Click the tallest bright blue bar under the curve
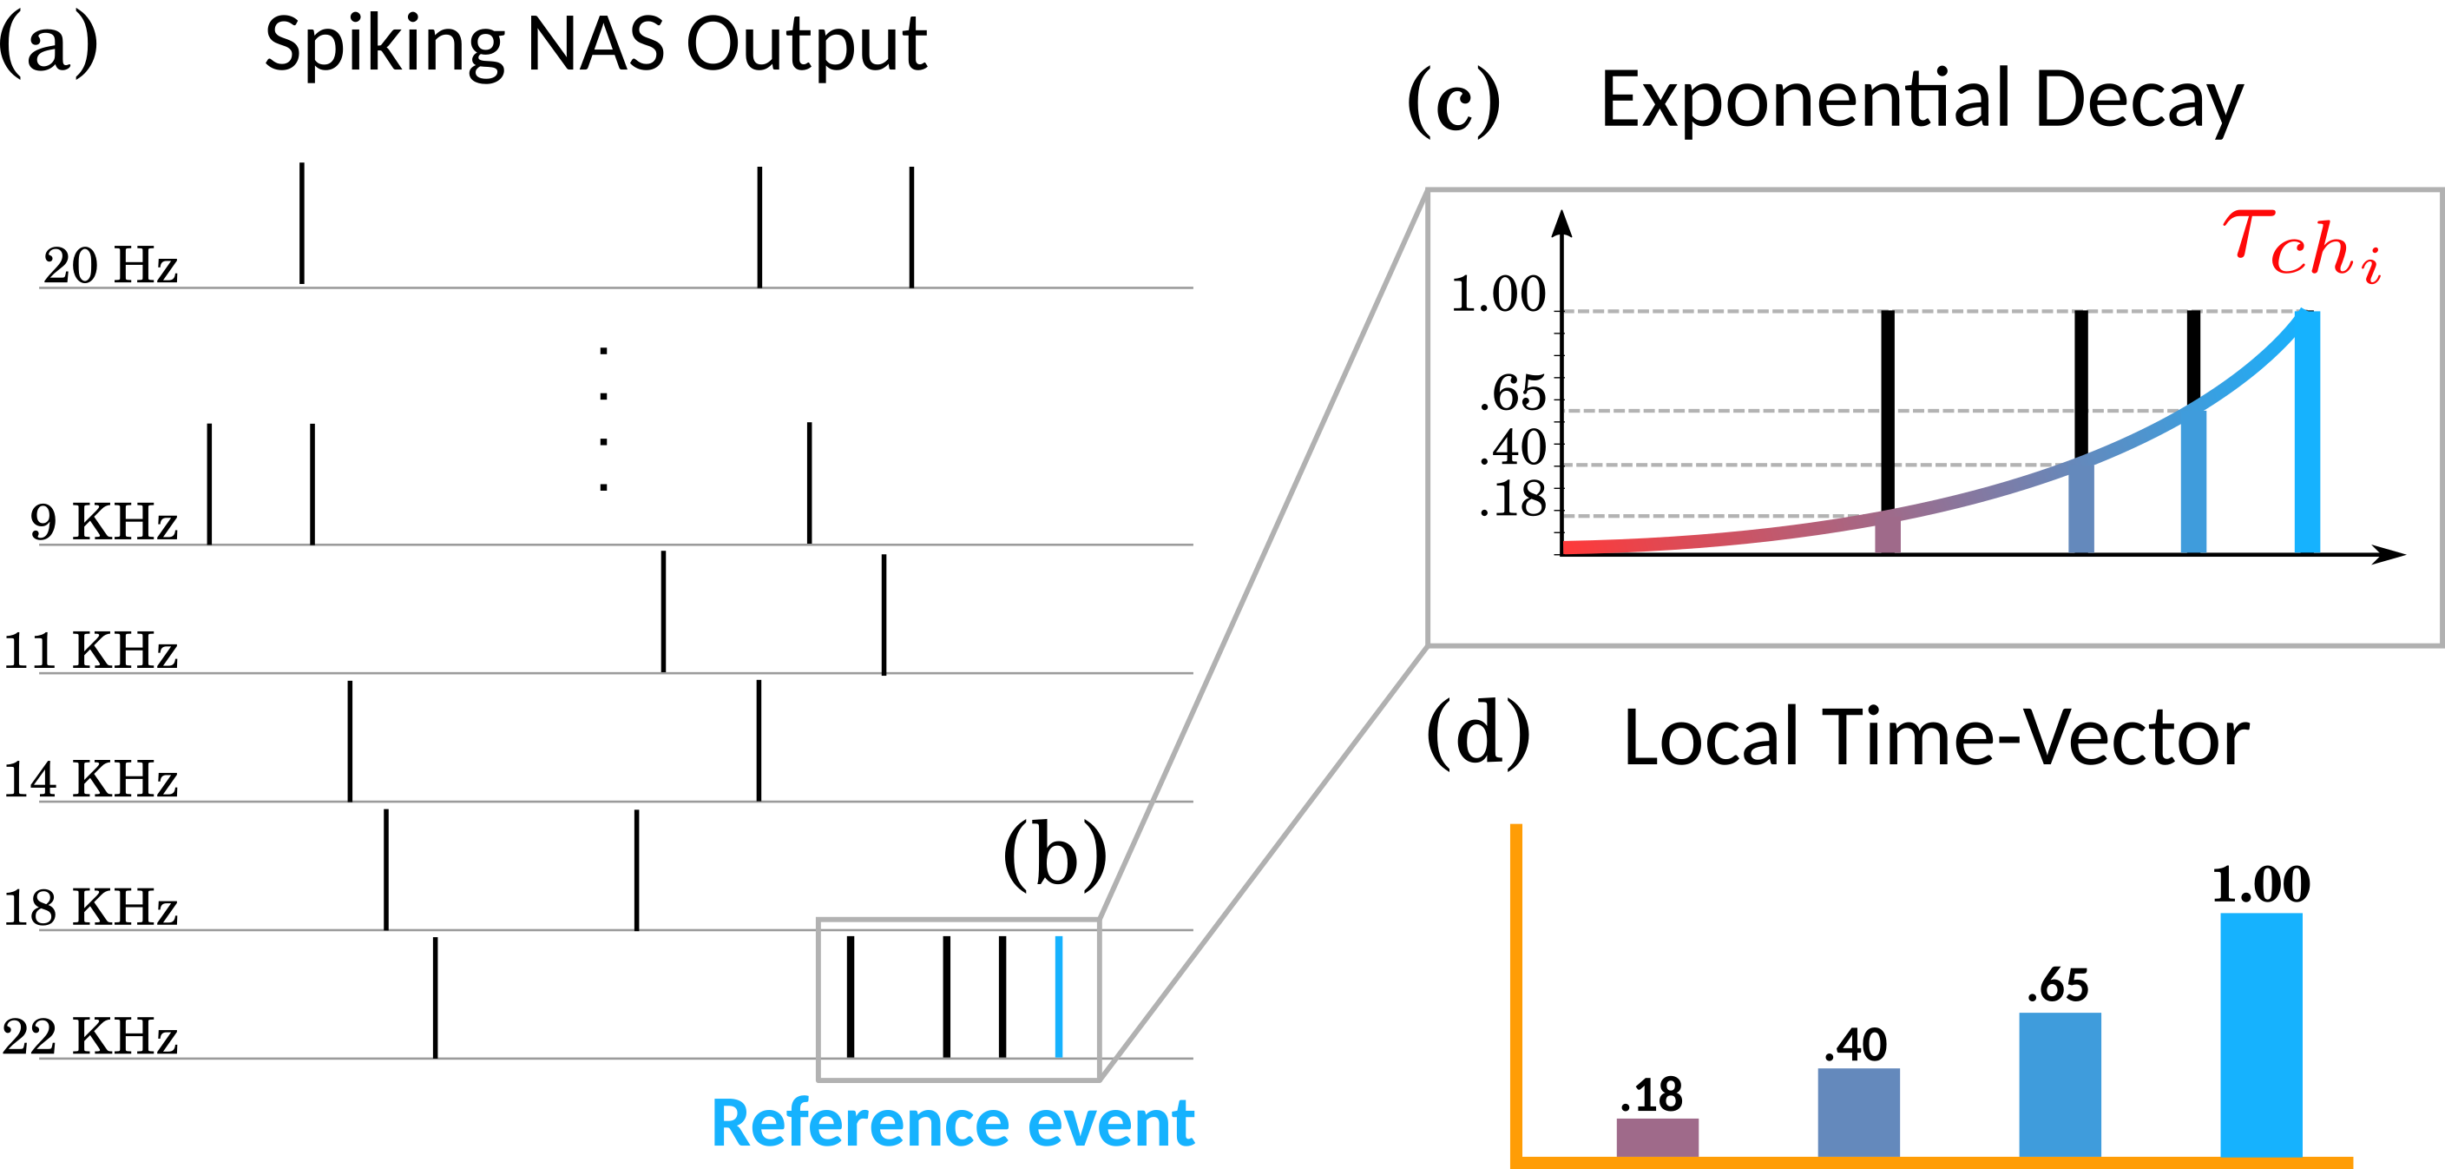2306,437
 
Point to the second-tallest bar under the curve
2192,485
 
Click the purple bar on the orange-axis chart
1657,1137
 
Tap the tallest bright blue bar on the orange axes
2261,1035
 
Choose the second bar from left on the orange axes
1858,1112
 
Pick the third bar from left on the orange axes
2060,1085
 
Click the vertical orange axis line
1515,987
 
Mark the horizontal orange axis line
1936,1162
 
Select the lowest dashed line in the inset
1708,517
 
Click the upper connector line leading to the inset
1262,556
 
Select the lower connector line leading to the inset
1262,864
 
